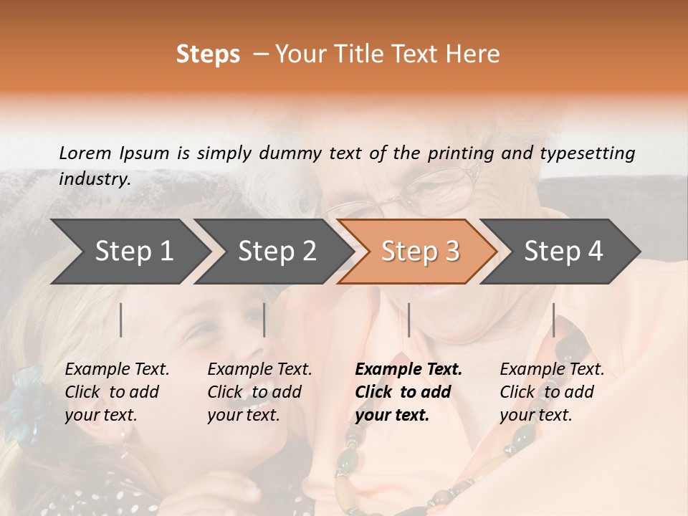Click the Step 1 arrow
coord(129,252)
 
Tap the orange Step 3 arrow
coord(418,252)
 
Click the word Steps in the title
coord(208,54)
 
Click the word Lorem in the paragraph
coord(85,153)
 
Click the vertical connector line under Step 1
coord(121,320)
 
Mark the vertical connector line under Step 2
coord(264,320)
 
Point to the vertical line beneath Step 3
coord(408,320)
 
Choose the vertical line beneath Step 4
coord(553,320)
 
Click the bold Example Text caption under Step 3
coord(408,392)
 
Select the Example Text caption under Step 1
coord(117,392)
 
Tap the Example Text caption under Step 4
coord(552,392)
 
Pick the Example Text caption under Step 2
coord(259,392)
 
